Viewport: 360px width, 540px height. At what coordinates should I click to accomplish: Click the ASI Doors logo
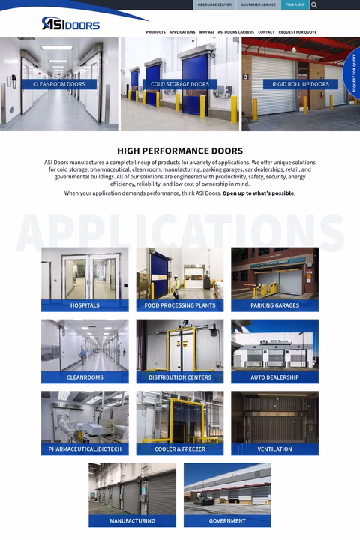tap(70, 24)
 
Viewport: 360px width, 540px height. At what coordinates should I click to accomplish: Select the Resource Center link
tap(214, 4)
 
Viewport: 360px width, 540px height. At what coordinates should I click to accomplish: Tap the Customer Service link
tap(259, 4)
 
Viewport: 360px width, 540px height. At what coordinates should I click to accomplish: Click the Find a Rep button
tap(295, 4)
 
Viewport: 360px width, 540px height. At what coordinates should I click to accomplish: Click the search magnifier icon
tap(314, 4)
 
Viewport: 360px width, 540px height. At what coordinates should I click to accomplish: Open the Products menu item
tap(155, 32)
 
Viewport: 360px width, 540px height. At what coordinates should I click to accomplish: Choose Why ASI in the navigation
tap(206, 32)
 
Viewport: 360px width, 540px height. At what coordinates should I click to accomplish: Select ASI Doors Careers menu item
tap(236, 32)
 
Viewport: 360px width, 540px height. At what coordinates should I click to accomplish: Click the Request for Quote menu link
tap(298, 32)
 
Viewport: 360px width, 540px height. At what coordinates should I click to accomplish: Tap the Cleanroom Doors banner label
tap(59, 84)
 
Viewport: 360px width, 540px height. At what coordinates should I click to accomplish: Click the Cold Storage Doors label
tap(180, 84)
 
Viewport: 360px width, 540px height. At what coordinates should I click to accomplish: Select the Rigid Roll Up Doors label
tap(300, 84)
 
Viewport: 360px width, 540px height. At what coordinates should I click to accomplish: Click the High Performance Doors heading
tap(180, 151)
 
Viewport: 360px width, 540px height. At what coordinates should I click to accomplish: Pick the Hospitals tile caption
tap(85, 305)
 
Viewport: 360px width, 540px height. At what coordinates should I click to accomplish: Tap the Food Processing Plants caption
tap(180, 305)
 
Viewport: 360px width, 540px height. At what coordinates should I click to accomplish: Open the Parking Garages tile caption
tap(274, 305)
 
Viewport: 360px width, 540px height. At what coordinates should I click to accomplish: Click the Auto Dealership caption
tap(274, 377)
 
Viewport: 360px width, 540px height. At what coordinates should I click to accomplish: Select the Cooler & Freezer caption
tap(180, 449)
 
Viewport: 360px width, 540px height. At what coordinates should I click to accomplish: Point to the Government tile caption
tap(227, 520)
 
